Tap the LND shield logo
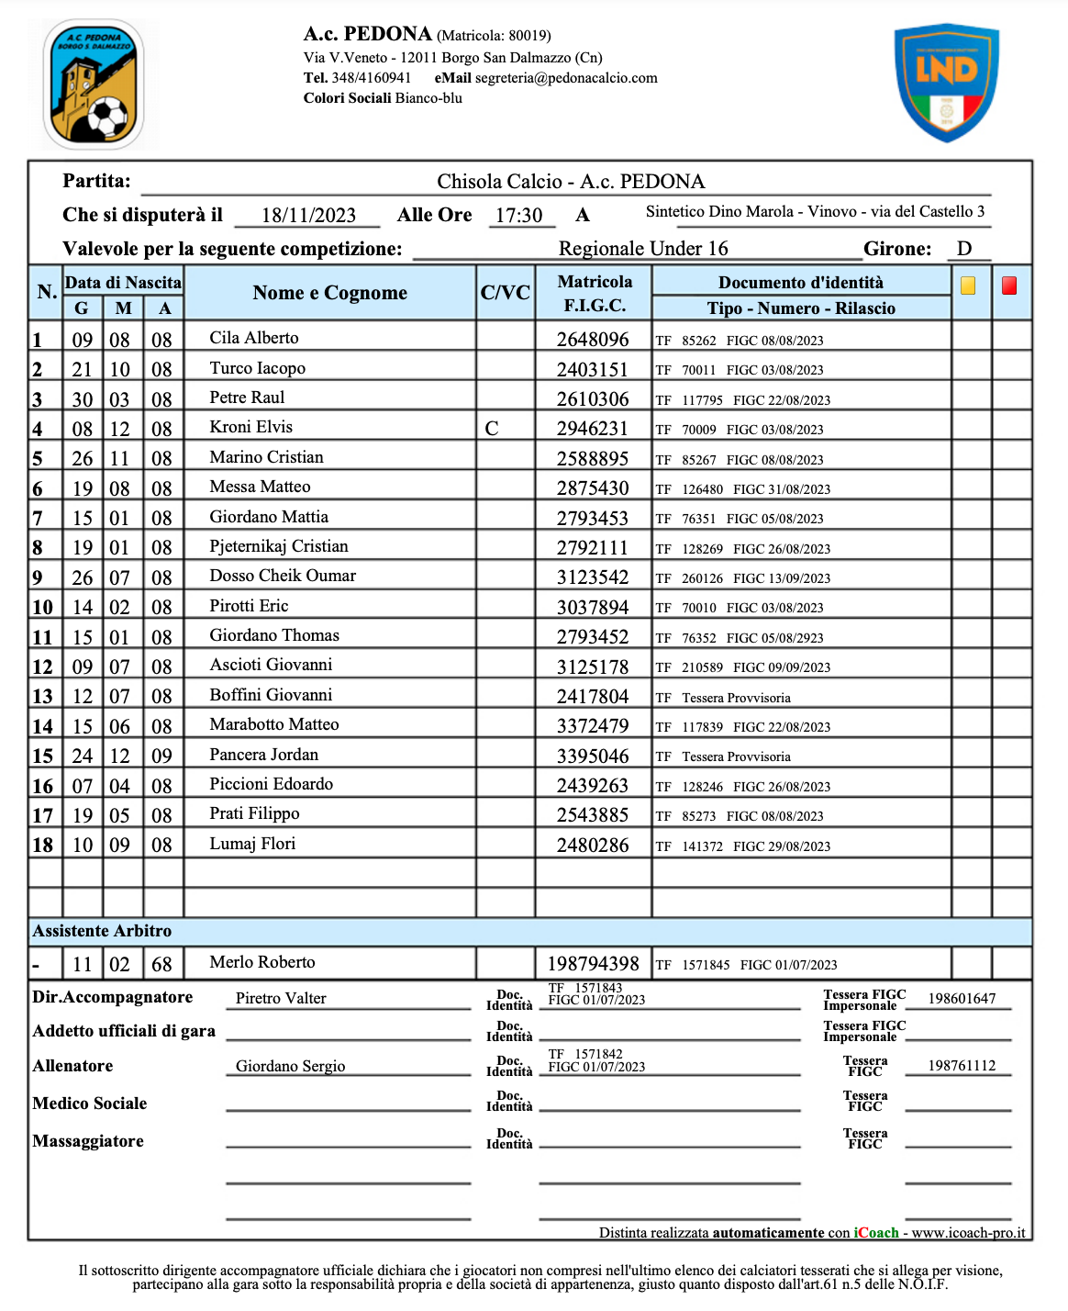click(x=946, y=83)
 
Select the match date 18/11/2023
click(x=308, y=216)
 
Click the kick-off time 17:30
click(x=519, y=216)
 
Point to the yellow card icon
click(x=968, y=286)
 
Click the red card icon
click(x=1009, y=286)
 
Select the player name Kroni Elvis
click(x=250, y=427)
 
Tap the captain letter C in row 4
click(x=492, y=429)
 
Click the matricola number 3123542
click(x=593, y=577)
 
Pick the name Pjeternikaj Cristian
click(x=279, y=546)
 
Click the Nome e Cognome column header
click(x=329, y=293)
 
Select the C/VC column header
click(x=505, y=293)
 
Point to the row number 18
click(x=43, y=846)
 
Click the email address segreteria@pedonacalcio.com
click(x=566, y=78)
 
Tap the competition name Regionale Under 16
click(x=643, y=249)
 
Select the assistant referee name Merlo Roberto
click(x=262, y=962)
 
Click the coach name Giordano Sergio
click(x=290, y=1066)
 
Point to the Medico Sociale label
click(x=90, y=1104)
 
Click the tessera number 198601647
click(x=962, y=999)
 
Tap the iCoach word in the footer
click(x=876, y=1233)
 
